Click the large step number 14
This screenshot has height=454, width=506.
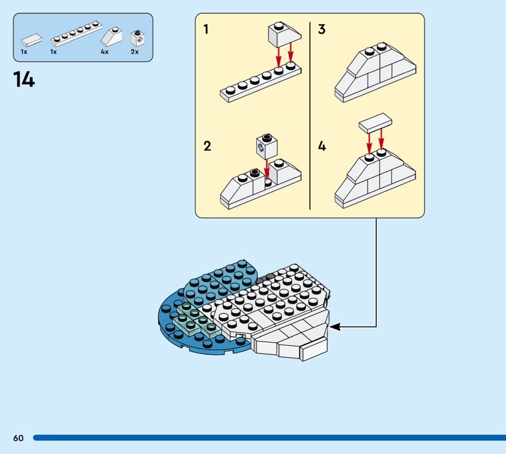23,80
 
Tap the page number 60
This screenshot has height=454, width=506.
18,438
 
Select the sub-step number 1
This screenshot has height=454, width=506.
206,29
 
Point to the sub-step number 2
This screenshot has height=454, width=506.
207,146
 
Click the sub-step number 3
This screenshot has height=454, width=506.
321,29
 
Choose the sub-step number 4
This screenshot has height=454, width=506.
322,146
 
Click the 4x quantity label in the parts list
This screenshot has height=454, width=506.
104,52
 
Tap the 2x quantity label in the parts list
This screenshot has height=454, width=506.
134,52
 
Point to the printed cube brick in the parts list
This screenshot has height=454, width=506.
135,37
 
